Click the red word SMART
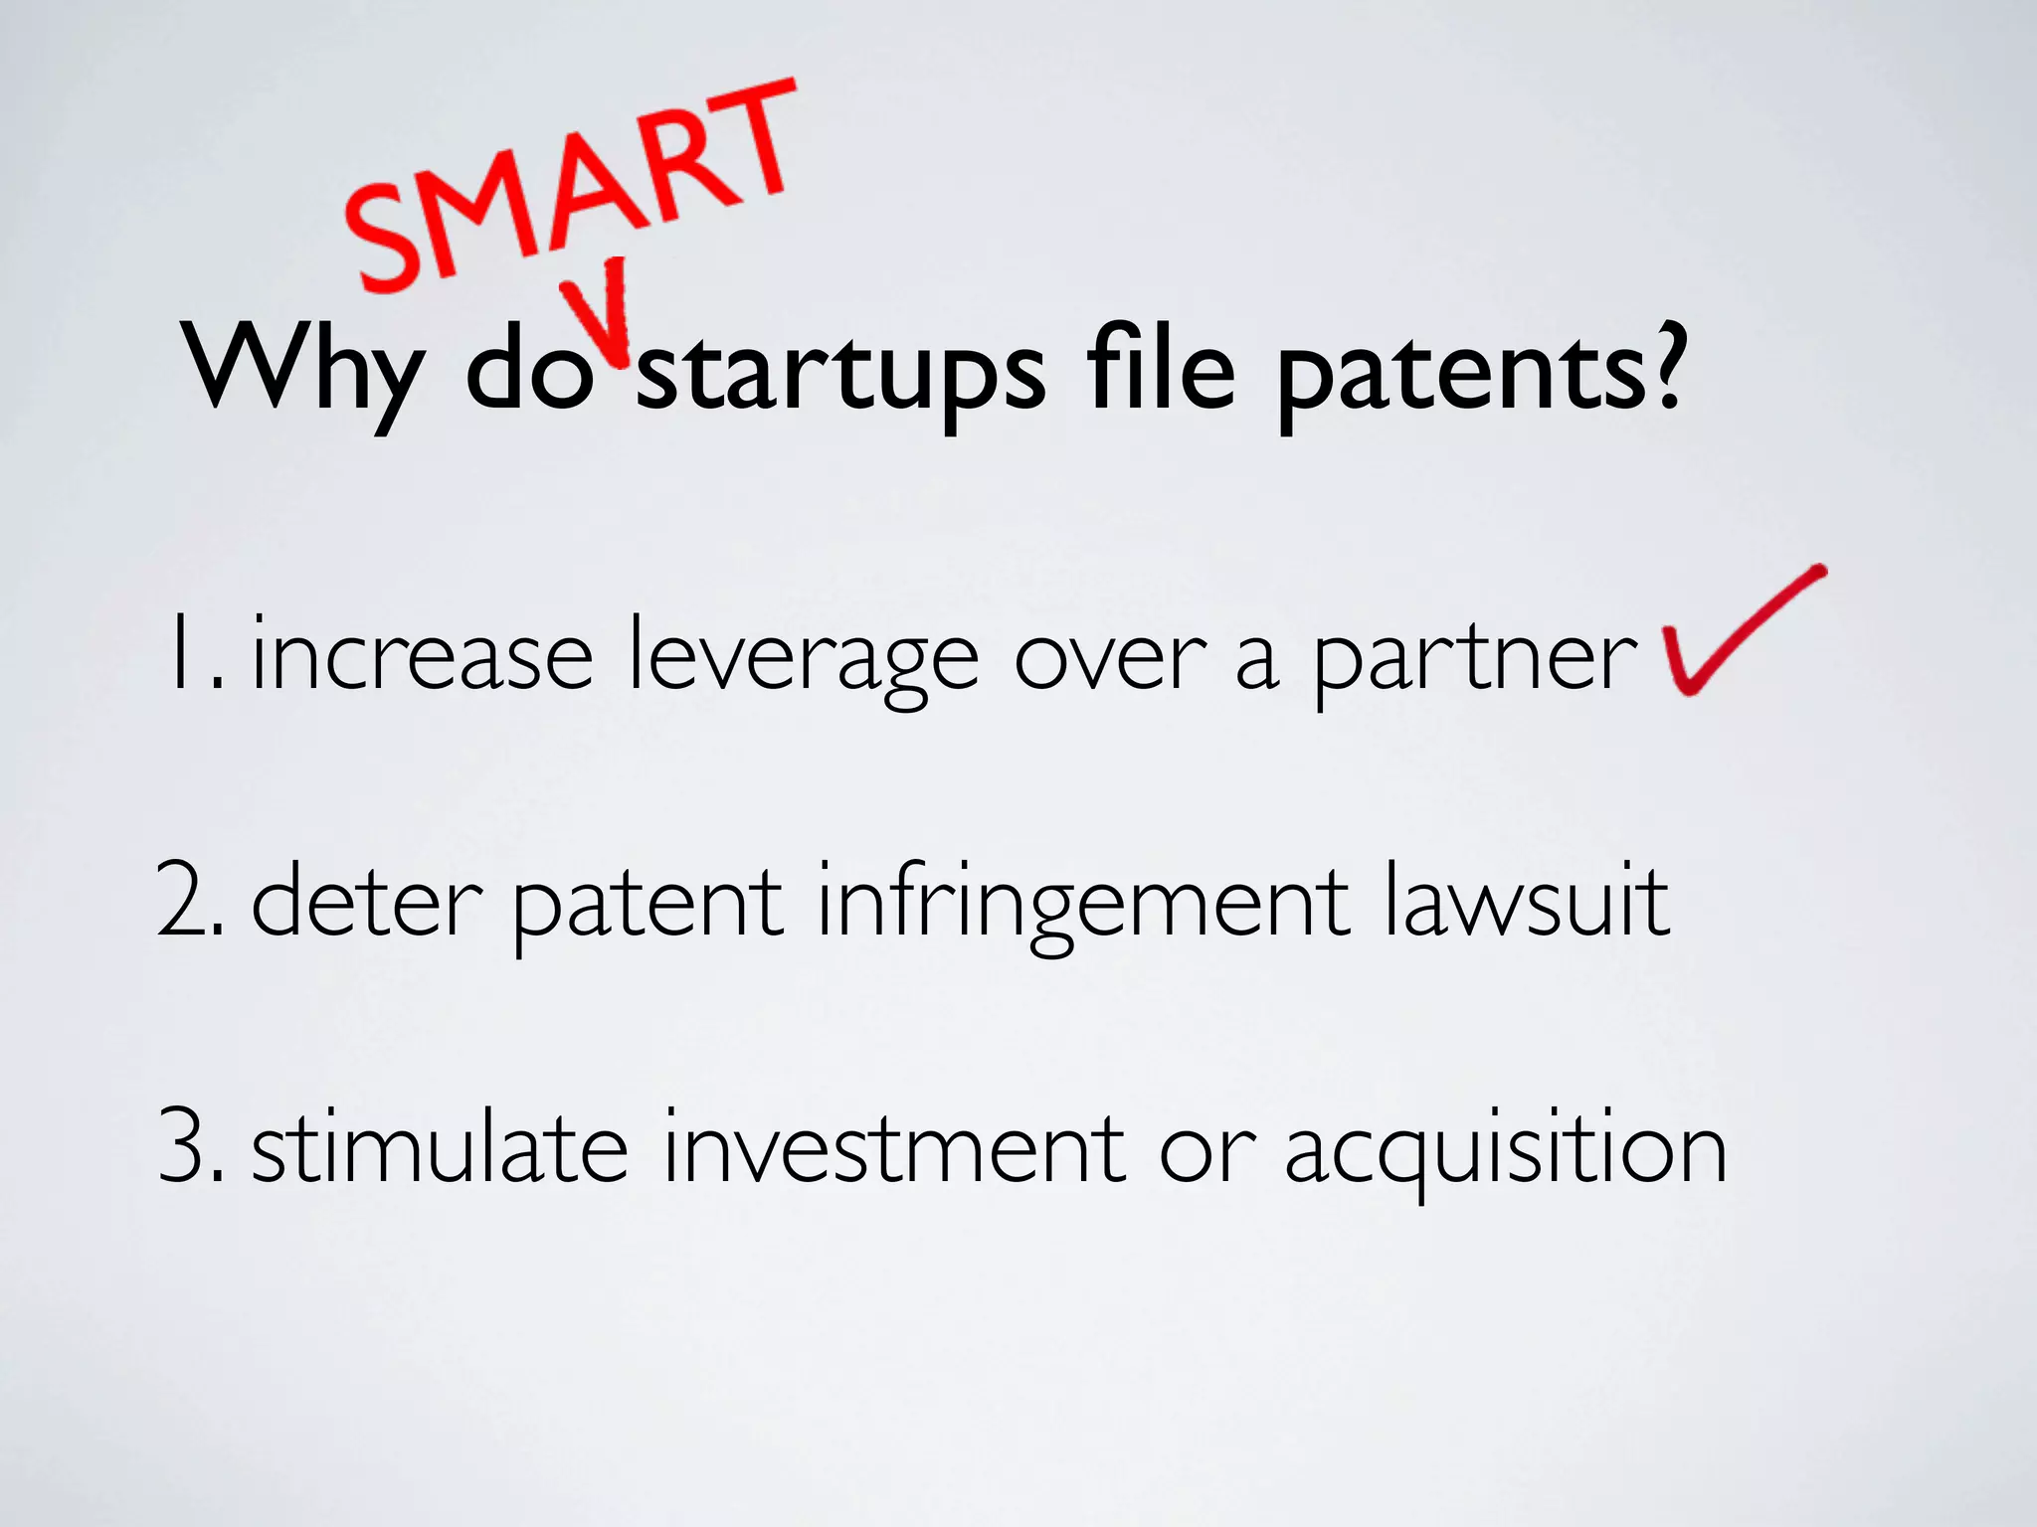click(x=572, y=184)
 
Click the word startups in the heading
click(x=840, y=373)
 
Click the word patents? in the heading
click(x=1482, y=373)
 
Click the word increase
click(x=423, y=656)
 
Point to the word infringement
click(x=1084, y=905)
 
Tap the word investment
click(x=895, y=1148)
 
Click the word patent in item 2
click(x=647, y=905)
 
